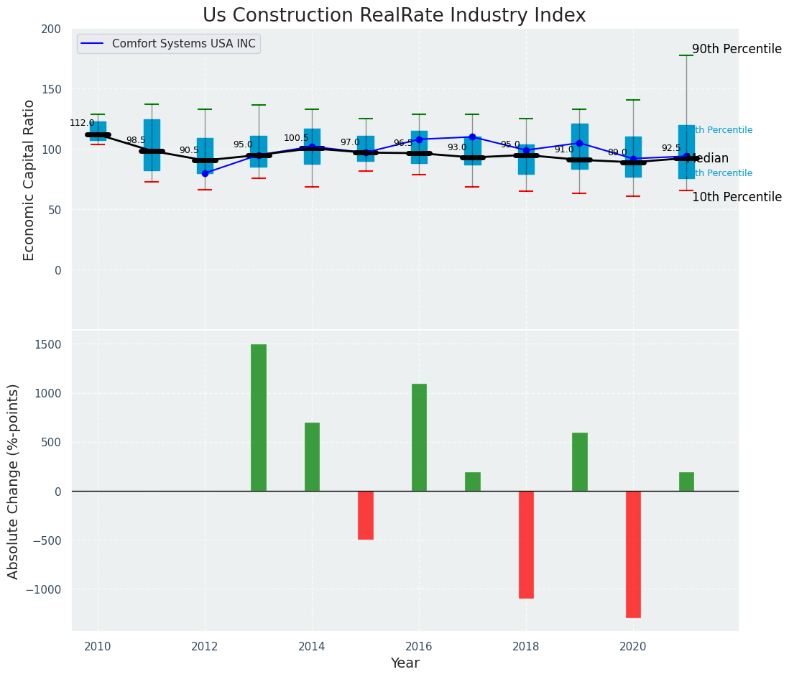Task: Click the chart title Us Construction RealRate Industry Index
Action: (394, 16)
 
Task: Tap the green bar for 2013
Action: (259, 418)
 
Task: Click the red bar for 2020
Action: (633, 554)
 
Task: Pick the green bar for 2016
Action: (419, 437)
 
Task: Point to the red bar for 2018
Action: (526, 544)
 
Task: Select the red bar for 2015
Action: (366, 515)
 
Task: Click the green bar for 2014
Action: (312, 456)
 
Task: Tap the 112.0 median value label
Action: (82, 123)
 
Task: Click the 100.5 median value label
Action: (296, 138)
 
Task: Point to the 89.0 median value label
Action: (617, 152)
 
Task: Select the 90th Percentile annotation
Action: (737, 50)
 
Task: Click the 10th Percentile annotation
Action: (737, 197)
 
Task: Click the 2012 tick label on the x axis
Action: (205, 647)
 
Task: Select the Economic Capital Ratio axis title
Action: (29, 180)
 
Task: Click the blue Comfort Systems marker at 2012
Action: (205, 173)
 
